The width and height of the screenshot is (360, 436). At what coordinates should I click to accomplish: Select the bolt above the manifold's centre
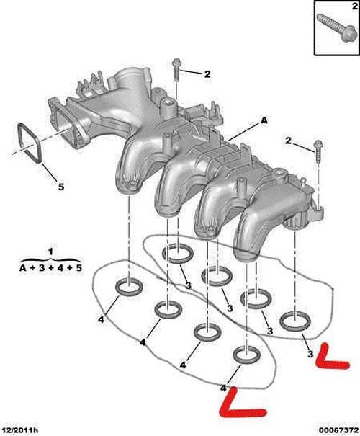click(176, 73)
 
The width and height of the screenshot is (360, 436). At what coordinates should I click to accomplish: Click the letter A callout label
click(264, 123)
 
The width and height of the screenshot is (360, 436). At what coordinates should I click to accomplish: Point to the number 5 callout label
click(60, 187)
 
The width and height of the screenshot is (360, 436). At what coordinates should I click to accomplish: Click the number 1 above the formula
click(50, 250)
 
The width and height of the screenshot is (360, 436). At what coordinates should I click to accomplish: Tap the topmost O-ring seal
click(176, 253)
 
